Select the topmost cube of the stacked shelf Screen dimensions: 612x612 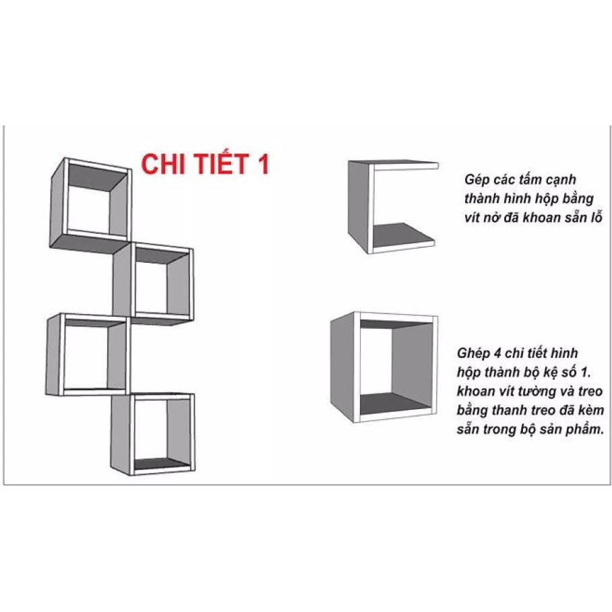click(91, 202)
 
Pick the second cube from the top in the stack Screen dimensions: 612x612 click(154, 281)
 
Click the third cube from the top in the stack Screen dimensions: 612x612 click(88, 355)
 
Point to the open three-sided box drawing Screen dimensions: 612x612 click(391, 206)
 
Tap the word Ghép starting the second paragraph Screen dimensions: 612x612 click(472, 353)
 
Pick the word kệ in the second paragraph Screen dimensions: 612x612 click(559, 372)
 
